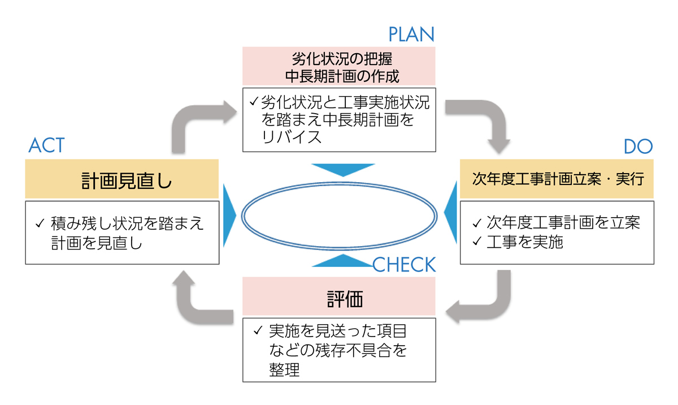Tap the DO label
(638, 147)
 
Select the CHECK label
(404, 265)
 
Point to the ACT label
(47, 146)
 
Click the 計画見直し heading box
(122, 179)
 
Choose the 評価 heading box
(339, 296)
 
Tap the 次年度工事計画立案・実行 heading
(557, 179)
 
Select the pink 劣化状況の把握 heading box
(339, 66)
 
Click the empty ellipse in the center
(339, 216)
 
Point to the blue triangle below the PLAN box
(342, 169)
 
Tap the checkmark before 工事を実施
(477, 242)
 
